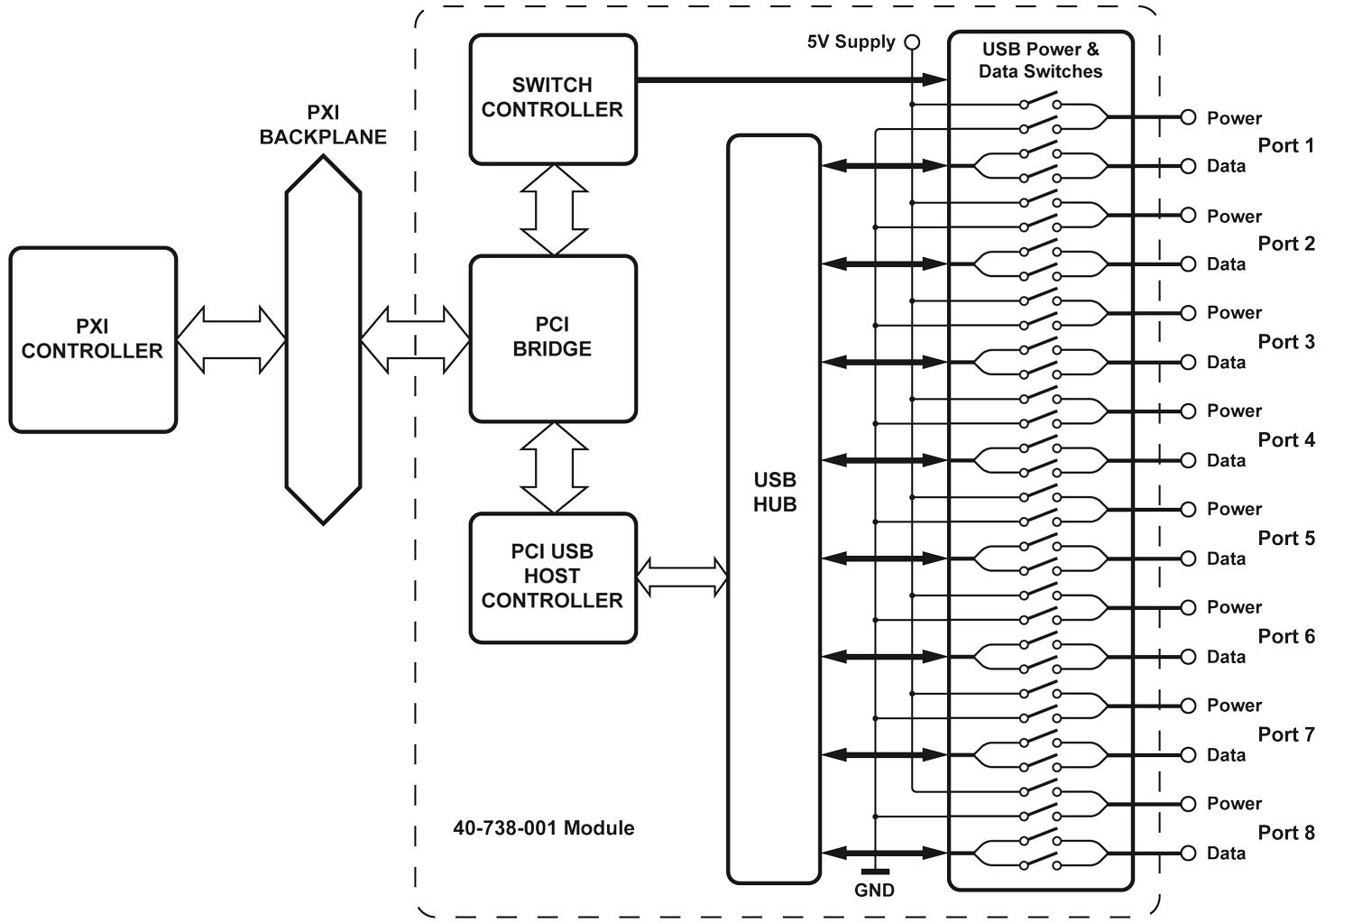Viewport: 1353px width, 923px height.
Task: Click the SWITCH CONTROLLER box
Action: pyautogui.click(x=553, y=98)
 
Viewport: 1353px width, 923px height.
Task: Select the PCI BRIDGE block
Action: pyautogui.click(x=553, y=337)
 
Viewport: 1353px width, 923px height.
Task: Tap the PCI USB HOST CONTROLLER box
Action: pyautogui.click(x=553, y=577)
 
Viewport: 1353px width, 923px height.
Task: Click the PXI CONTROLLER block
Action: pyautogui.click(x=93, y=339)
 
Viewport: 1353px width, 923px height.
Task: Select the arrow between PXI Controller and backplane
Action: pyautogui.click(x=231, y=339)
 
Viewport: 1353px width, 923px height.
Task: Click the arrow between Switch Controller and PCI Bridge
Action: pyautogui.click(x=554, y=209)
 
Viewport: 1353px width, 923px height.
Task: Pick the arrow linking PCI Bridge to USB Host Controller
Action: pyautogui.click(x=554, y=467)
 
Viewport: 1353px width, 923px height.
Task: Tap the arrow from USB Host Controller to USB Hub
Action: pyautogui.click(x=682, y=577)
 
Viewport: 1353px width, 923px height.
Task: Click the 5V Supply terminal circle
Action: pyautogui.click(x=912, y=42)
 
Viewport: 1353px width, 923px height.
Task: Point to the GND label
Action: pyautogui.click(x=874, y=891)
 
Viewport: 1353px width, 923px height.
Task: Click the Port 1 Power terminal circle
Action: pyautogui.click(x=1189, y=117)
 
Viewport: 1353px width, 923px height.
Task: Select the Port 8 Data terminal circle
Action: pyautogui.click(x=1189, y=853)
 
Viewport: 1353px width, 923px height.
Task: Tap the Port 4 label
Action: pyautogui.click(x=1286, y=440)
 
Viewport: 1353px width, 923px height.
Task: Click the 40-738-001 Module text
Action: pyautogui.click(x=543, y=828)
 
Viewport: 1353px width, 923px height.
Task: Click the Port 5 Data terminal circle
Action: pyautogui.click(x=1189, y=558)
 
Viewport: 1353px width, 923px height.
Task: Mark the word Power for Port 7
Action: pyautogui.click(x=1234, y=706)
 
